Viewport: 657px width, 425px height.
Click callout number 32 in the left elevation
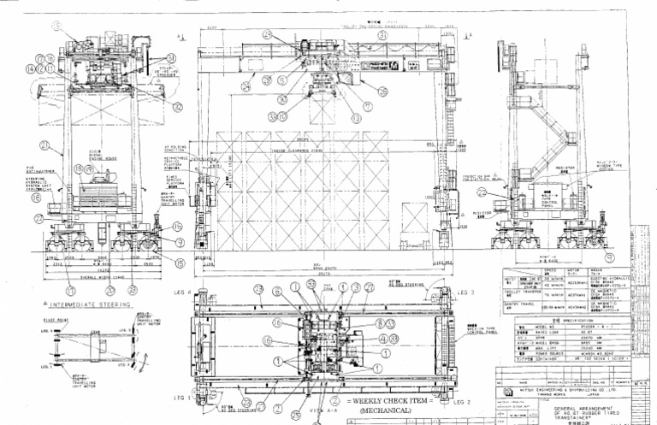pyautogui.click(x=177, y=107)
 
